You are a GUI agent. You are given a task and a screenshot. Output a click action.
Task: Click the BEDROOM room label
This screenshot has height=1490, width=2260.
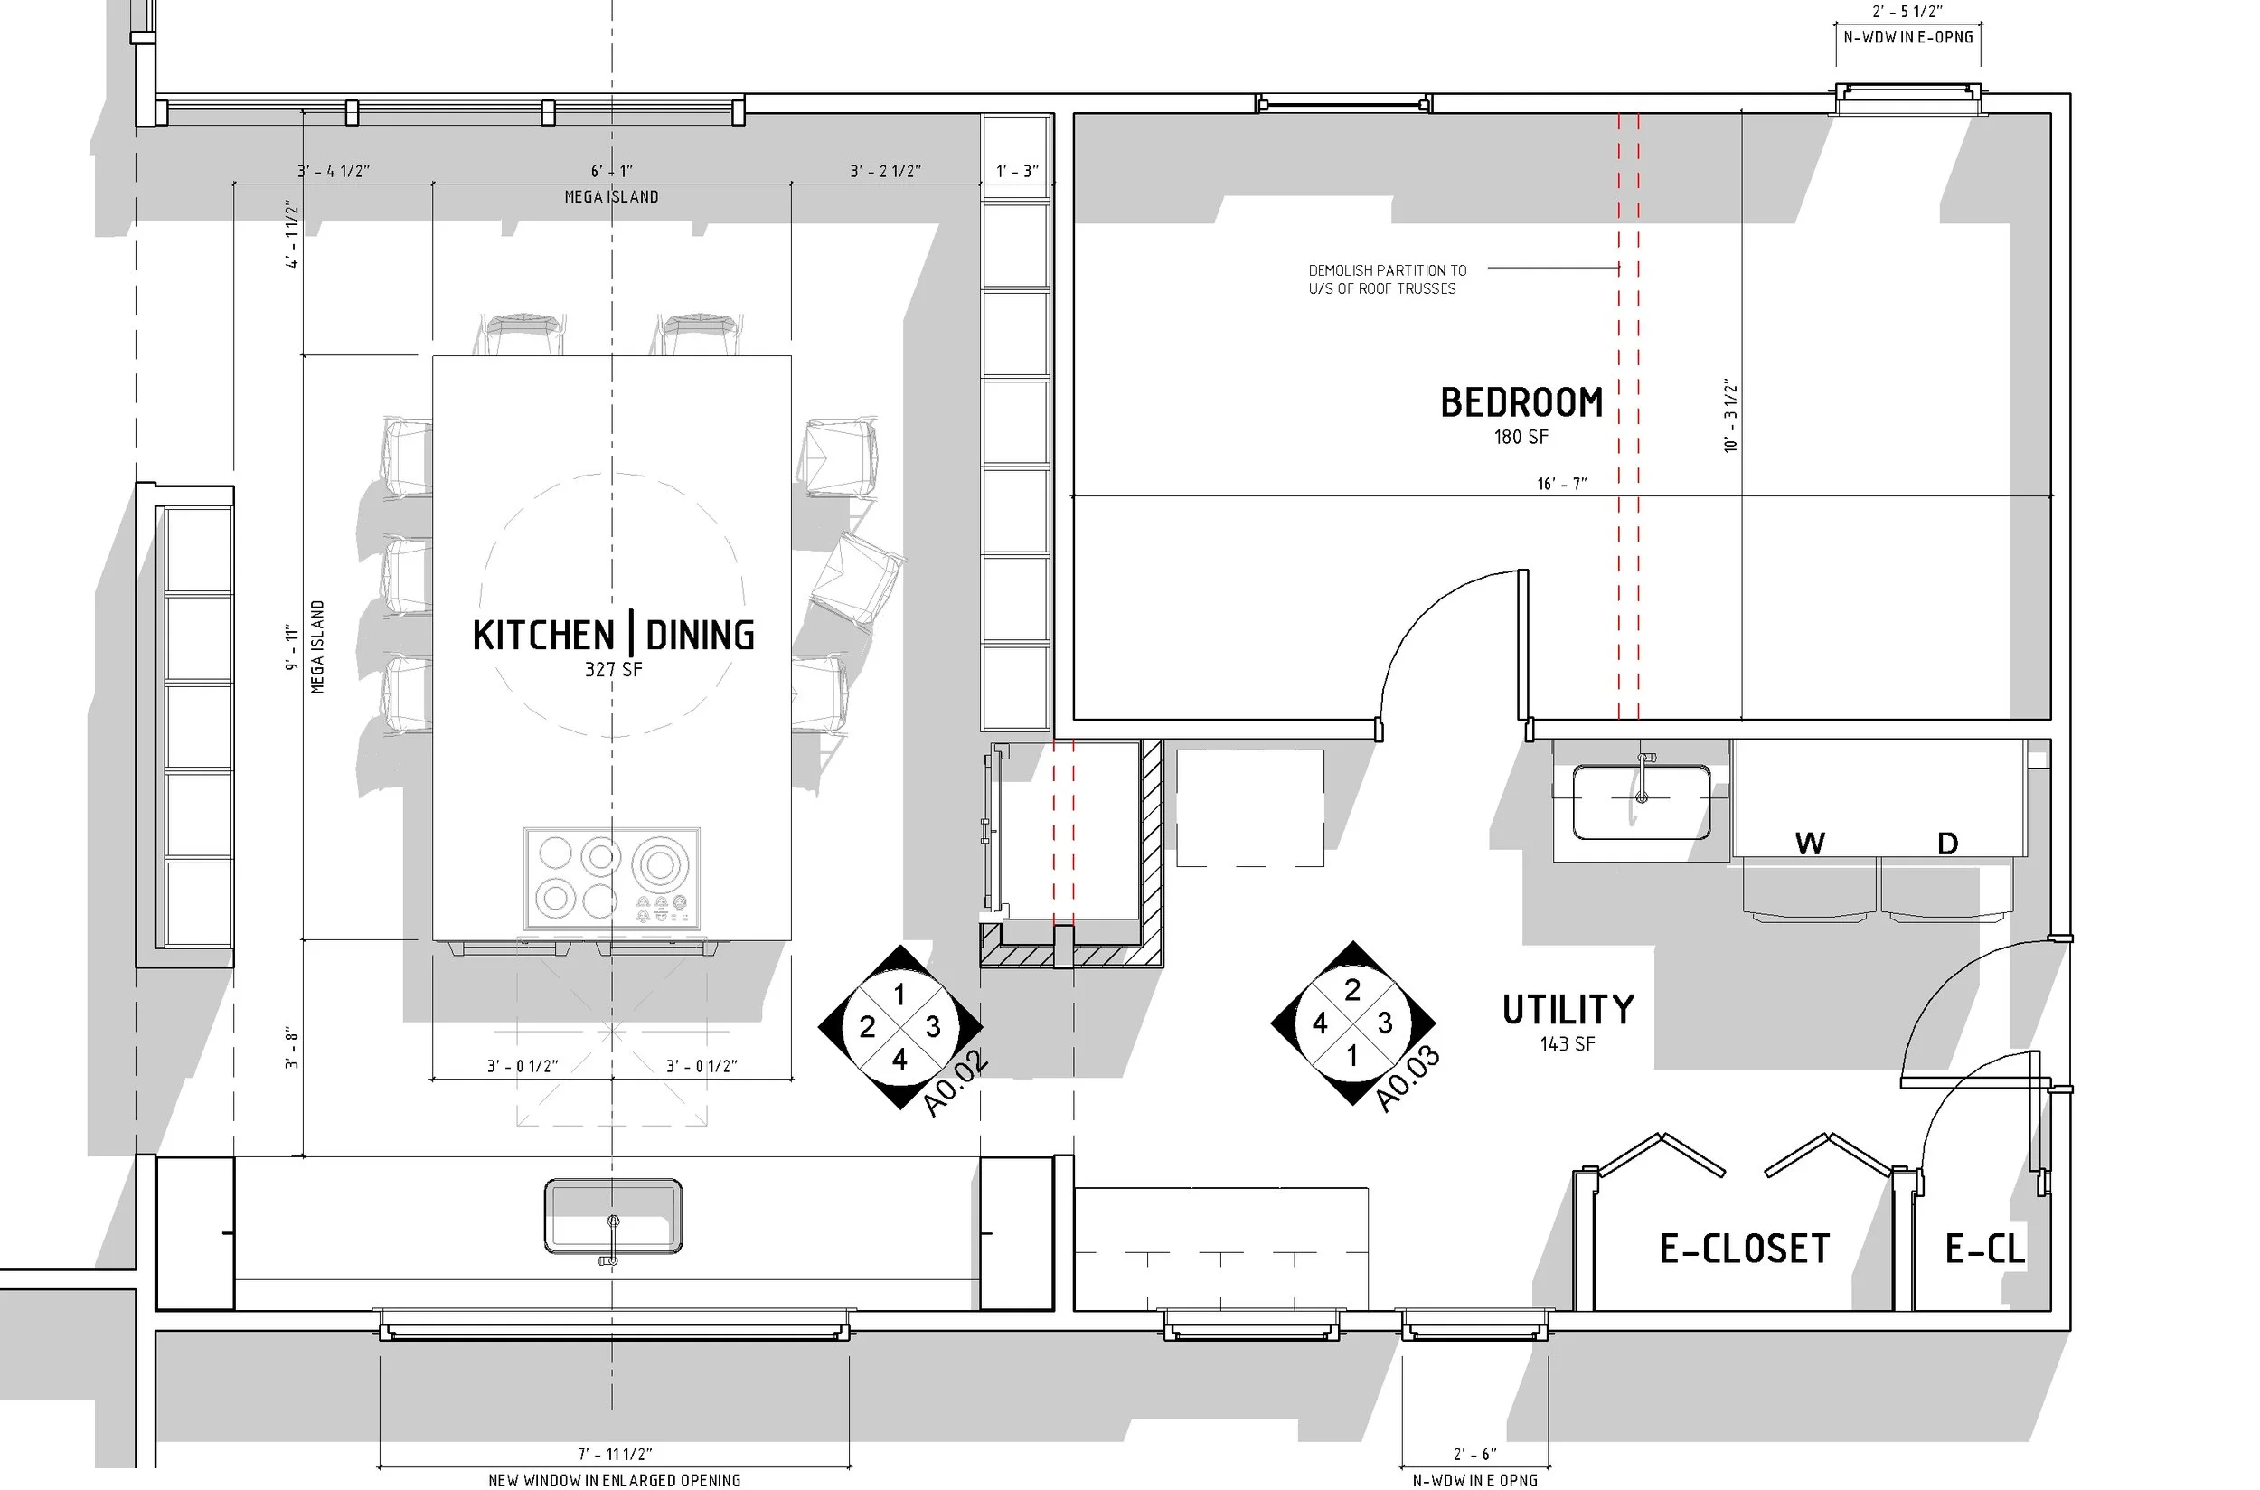[x=1521, y=403]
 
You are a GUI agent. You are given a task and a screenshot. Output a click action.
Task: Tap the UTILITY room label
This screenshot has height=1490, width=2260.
[x=1568, y=1010]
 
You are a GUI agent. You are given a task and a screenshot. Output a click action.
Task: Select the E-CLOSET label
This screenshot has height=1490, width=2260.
[x=1744, y=1249]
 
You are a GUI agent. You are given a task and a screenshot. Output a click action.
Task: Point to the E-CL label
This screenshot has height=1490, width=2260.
[x=1984, y=1249]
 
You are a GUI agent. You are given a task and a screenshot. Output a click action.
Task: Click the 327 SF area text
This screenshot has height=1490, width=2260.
[x=614, y=670]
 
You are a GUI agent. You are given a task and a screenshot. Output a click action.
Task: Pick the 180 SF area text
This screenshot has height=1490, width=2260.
[x=1521, y=437]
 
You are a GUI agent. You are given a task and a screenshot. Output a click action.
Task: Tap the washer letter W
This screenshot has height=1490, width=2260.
[x=1810, y=843]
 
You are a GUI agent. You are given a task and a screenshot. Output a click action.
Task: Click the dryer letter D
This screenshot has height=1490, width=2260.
[x=1947, y=843]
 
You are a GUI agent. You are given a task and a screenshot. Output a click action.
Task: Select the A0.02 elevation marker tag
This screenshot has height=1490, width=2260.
[x=956, y=1082]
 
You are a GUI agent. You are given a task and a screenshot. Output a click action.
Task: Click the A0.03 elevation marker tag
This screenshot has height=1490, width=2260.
[x=1408, y=1080]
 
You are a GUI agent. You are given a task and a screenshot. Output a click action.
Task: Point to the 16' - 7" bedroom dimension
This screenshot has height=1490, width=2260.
[x=1562, y=484]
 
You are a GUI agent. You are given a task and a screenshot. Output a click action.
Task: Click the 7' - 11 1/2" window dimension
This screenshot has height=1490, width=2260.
[x=615, y=1454]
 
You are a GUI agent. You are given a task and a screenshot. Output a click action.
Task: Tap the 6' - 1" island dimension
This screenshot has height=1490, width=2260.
[x=612, y=171]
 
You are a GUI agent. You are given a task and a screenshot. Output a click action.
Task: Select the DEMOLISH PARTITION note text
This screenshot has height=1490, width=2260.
[x=1387, y=279]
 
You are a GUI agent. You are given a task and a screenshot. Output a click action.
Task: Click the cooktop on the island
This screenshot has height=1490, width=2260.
[x=612, y=879]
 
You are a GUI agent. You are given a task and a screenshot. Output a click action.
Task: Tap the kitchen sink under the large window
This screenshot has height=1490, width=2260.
[x=613, y=1216]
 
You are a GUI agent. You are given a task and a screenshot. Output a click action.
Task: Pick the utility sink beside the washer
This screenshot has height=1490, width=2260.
[x=1642, y=802]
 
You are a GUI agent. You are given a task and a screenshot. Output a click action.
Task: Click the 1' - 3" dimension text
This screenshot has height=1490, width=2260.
[x=1016, y=171]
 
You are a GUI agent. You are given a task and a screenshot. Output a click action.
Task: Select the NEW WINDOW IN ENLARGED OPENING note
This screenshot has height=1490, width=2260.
[x=614, y=1479]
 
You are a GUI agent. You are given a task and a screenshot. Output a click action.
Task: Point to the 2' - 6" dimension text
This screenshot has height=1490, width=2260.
[x=1474, y=1454]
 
